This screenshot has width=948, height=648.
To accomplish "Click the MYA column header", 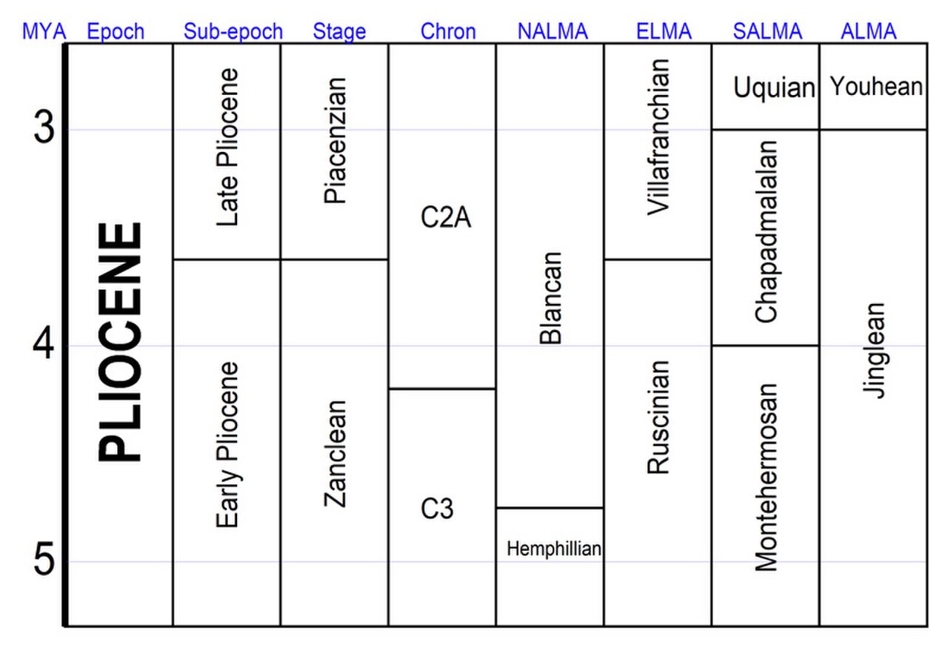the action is (x=44, y=31).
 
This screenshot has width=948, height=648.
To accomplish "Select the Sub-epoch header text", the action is (x=233, y=31).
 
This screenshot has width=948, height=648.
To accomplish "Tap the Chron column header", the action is (x=448, y=31).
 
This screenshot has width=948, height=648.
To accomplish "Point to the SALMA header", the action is (x=767, y=31).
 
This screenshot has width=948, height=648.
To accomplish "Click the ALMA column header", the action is (x=869, y=31).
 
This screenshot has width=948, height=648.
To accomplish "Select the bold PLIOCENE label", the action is (x=119, y=342).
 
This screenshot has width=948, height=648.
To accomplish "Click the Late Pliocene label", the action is (x=227, y=147).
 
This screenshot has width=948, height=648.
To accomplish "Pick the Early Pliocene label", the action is (x=227, y=445).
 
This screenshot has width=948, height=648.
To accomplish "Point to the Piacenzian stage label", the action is (x=336, y=141).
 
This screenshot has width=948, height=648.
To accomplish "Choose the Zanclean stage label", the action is (x=336, y=454).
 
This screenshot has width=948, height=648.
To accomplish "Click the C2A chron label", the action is (x=446, y=217).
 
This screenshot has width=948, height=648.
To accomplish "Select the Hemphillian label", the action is (x=554, y=549).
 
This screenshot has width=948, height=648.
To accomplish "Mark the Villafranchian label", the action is (x=658, y=137).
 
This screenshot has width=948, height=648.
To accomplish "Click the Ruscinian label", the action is (x=658, y=417).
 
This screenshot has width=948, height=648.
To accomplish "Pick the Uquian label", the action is (x=774, y=87).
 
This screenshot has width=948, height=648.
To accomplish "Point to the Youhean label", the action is (x=876, y=86).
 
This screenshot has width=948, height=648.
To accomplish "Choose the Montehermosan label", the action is (x=767, y=477).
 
